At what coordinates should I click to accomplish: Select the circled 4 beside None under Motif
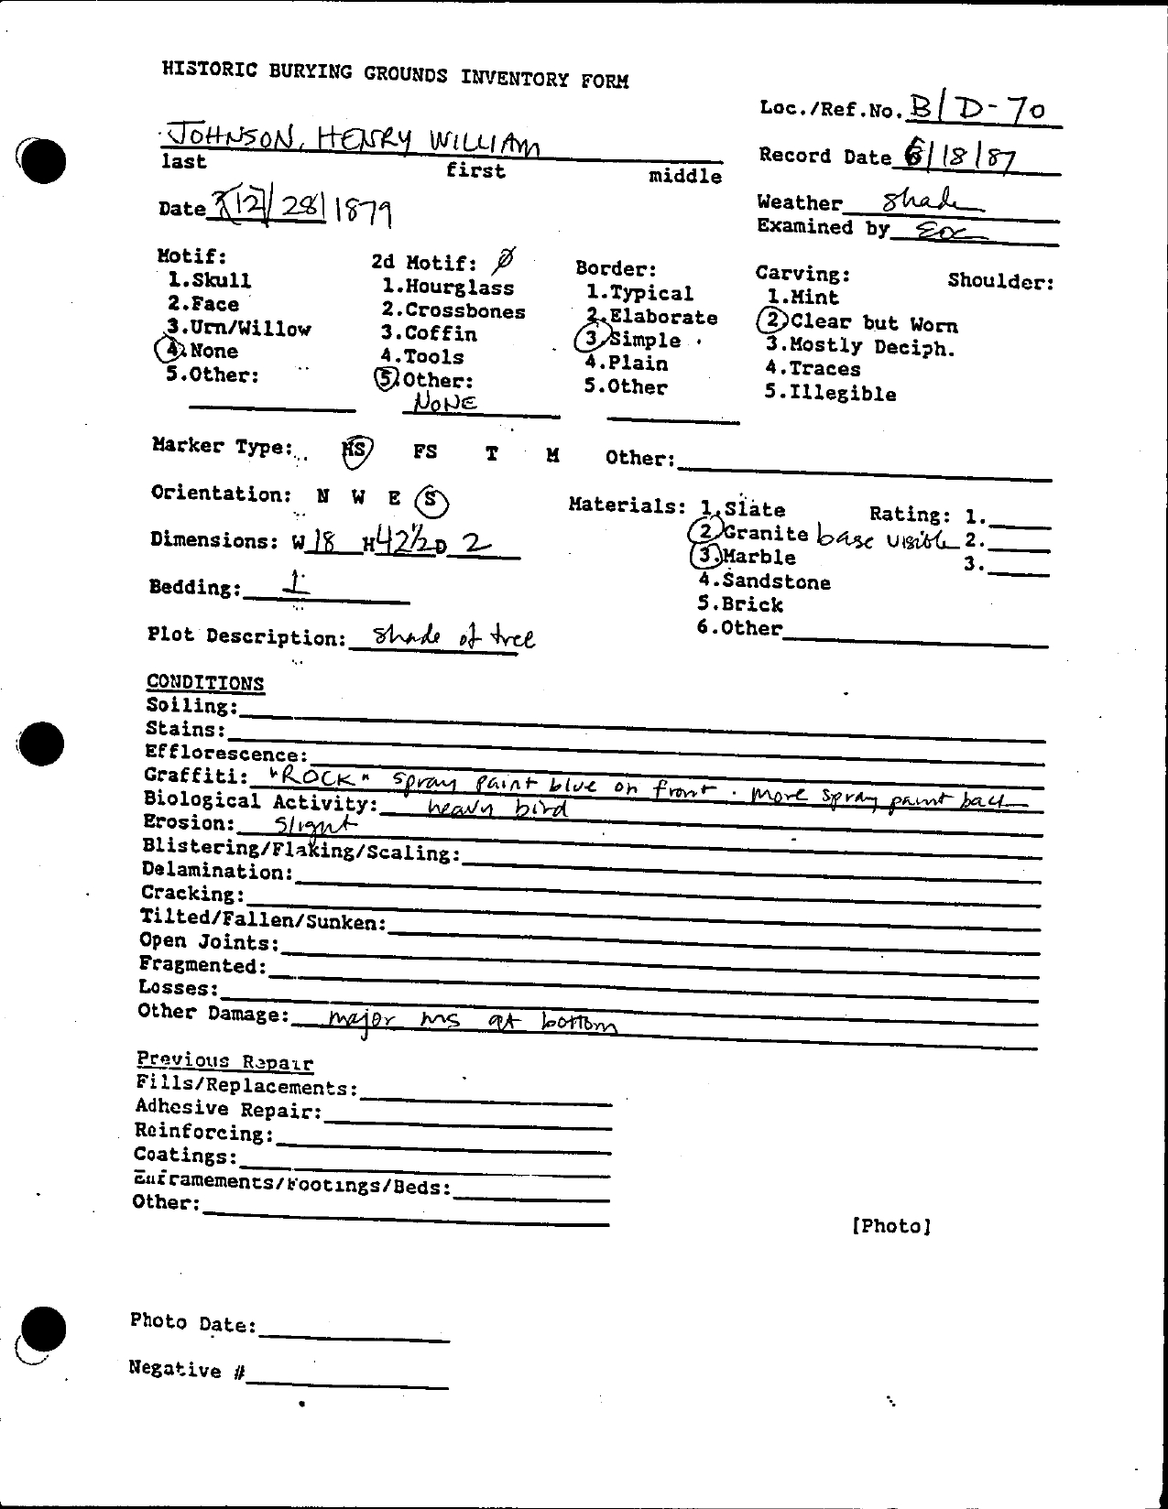pyautogui.click(x=169, y=350)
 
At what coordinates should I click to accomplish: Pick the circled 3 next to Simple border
pyautogui.click(x=591, y=339)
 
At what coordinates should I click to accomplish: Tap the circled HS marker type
pyautogui.click(x=355, y=450)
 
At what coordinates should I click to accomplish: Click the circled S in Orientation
pyautogui.click(x=431, y=500)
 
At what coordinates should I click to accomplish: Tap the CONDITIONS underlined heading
pyautogui.click(x=205, y=683)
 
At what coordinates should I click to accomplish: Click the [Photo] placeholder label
pyautogui.click(x=890, y=1225)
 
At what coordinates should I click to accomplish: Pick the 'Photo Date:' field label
pyautogui.click(x=193, y=1322)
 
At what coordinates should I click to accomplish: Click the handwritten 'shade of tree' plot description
pyautogui.click(x=443, y=637)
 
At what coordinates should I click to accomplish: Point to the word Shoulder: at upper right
pyautogui.click(x=1000, y=281)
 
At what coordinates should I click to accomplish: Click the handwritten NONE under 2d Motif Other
pyautogui.click(x=444, y=402)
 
